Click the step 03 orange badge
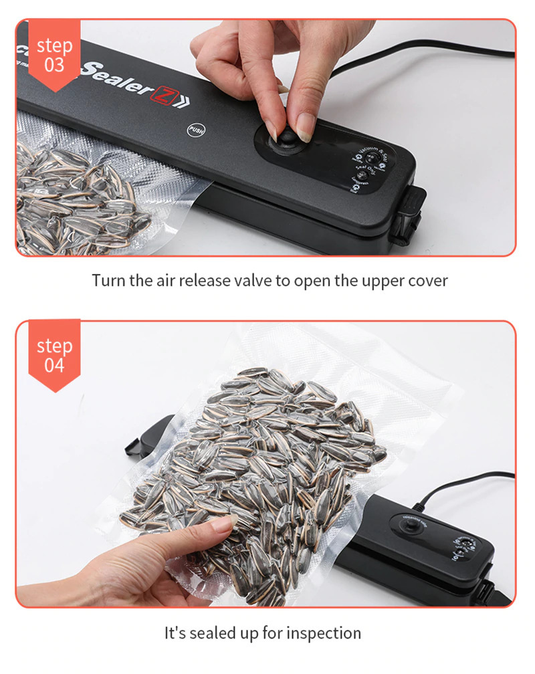tap(54, 54)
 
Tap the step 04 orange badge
tap(54, 354)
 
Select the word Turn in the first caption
tap(107, 279)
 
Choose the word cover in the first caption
tap(428, 279)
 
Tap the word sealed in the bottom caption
tap(213, 633)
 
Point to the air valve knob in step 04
tap(407, 528)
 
